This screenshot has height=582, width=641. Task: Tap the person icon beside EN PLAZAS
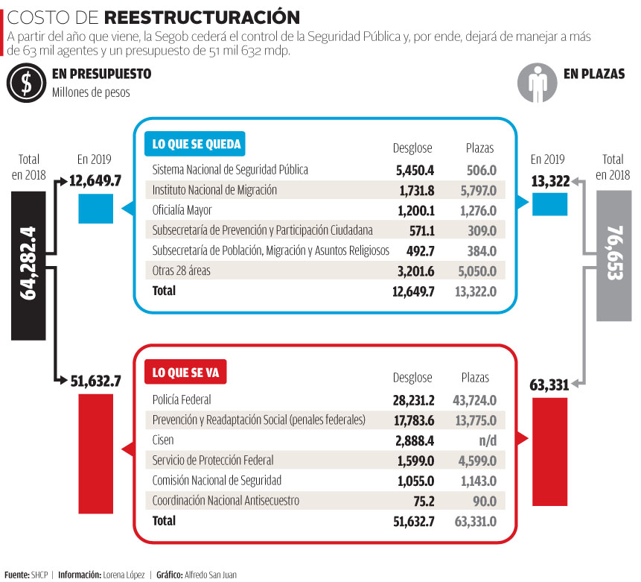[536, 83]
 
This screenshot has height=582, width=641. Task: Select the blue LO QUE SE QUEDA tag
[197, 145]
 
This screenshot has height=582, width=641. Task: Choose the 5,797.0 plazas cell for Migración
[477, 190]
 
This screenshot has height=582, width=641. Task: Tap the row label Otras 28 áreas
[181, 271]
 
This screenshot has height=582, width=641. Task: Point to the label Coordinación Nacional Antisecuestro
[225, 501]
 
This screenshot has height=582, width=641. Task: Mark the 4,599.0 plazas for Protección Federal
[474, 461]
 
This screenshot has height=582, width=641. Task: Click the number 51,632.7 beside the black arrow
[95, 381]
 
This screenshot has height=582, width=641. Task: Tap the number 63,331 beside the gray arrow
[549, 385]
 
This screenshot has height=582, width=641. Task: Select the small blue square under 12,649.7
[96, 209]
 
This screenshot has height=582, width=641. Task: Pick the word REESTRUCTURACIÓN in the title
[202, 17]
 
